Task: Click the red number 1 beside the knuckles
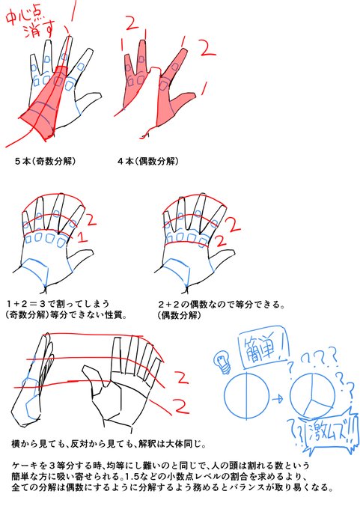tap(83, 237)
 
